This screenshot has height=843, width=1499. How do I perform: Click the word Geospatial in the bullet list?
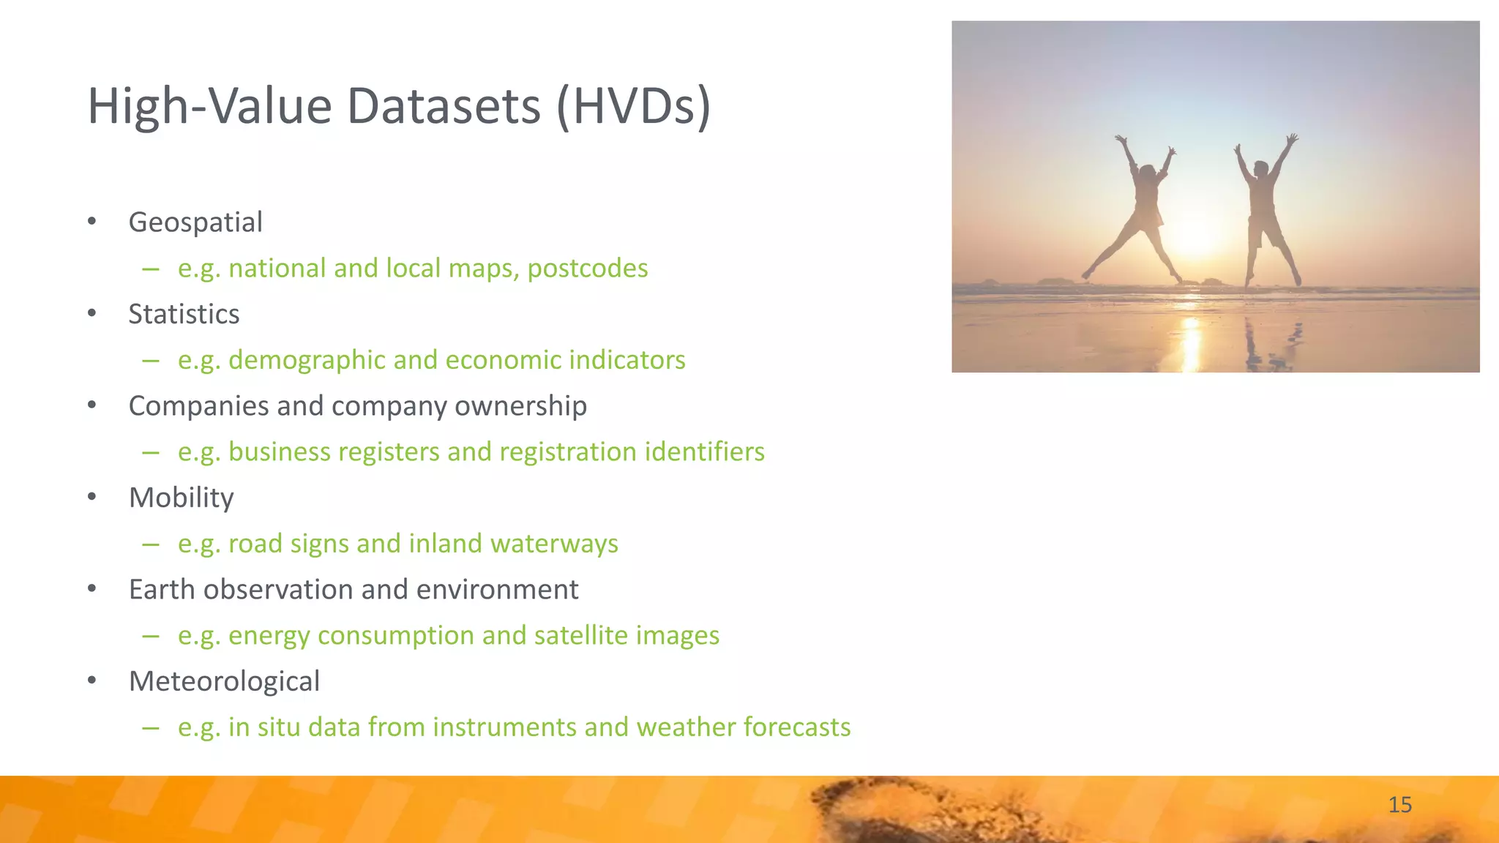(x=195, y=222)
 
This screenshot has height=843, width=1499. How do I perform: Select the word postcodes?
(x=588, y=269)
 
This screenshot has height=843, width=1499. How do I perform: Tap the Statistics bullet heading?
(x=184, y=314)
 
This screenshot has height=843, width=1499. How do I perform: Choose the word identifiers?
(x=704, y=452)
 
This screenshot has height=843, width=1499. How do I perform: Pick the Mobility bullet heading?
(x=181, y=498)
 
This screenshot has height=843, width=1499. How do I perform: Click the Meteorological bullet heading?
(x=224, y=681)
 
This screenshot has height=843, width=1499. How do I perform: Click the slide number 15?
(x=1399, y=805)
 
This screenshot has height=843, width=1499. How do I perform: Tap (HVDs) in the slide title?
(x=633, y=107)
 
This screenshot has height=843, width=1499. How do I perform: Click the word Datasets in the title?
(x=444, y=107)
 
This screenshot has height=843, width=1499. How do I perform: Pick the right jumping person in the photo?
(x=1265, y=209)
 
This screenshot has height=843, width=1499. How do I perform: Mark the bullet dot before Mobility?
(x=91, y=498)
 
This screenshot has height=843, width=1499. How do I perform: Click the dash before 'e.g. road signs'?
(x=151, y=544)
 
